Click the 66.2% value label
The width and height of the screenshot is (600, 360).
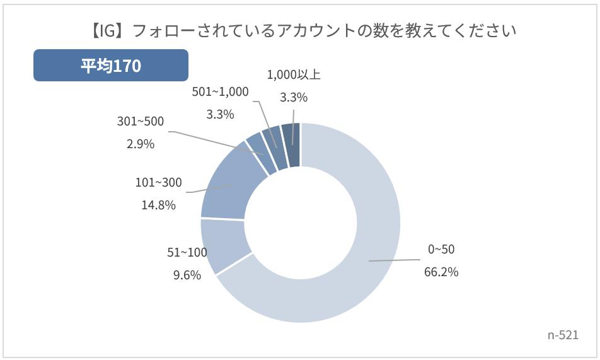click(441, 272)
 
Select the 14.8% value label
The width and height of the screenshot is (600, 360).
click(158, 205)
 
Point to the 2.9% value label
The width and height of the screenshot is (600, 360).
click(140, 144)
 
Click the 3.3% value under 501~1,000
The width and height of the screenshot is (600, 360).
click(220, 114)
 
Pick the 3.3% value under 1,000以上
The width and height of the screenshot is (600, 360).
click(293, 97)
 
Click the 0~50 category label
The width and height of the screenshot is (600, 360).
click(441, 250)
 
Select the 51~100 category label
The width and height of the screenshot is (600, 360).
click(187, 252)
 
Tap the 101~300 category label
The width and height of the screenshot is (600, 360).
click(158, 183)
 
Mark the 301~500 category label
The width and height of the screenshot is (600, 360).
click(140, 121)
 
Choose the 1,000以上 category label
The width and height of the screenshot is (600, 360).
click(294, 74)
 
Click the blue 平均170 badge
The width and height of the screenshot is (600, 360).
click(111, 66)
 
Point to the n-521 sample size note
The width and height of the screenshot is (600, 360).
click(563, 335)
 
